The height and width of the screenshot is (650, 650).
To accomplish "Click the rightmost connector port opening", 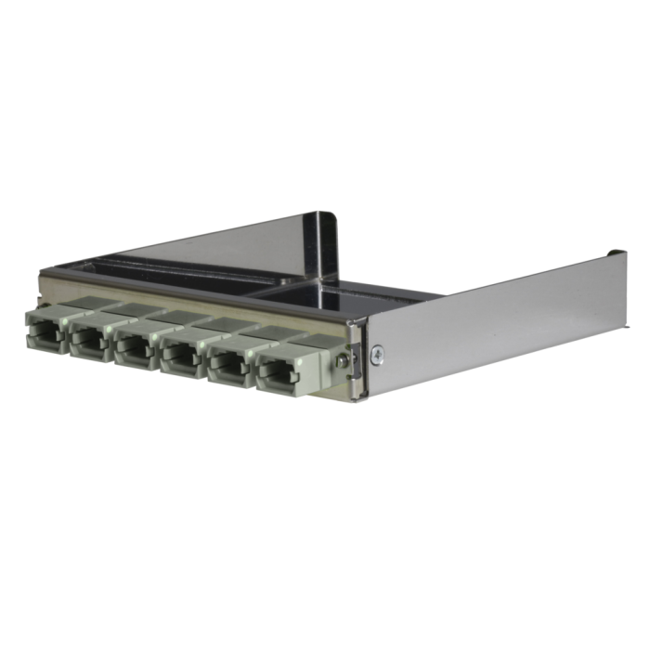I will coord(279,370).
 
